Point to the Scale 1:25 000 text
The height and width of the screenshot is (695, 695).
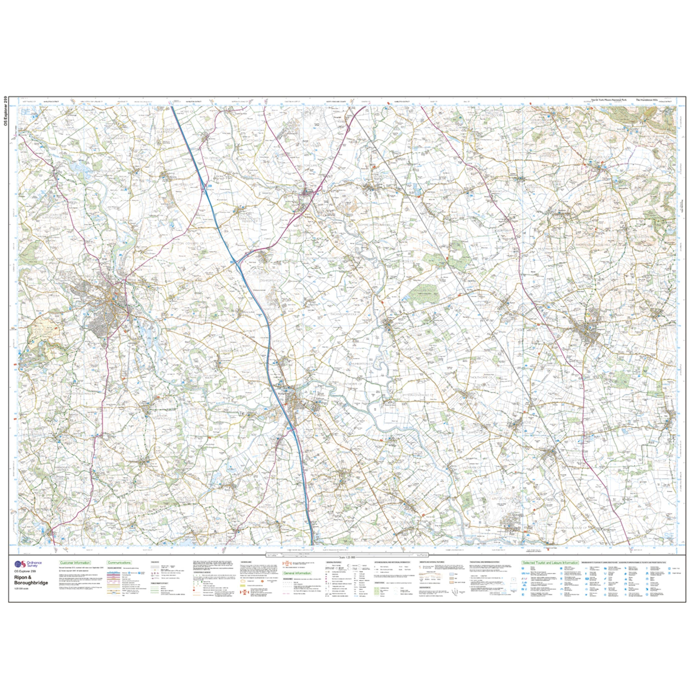(347, 556)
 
